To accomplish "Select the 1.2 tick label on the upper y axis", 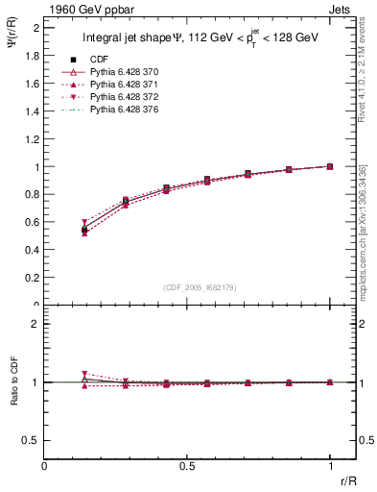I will pos(33,138).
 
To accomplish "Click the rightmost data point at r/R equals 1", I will pos(330,166).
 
